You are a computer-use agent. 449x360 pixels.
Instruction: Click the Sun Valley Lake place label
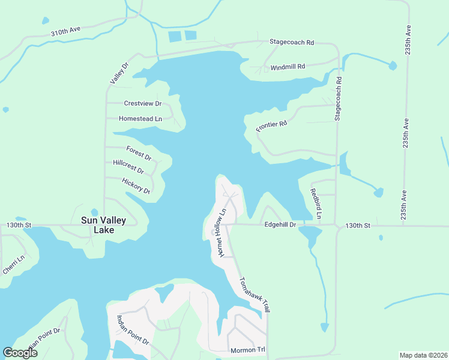[x=103, y=225]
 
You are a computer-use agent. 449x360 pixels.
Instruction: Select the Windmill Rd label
[x=288, y=67]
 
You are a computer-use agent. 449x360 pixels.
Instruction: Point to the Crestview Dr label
[x=143, y=103]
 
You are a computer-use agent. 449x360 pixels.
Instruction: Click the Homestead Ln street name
[x=140, y=119]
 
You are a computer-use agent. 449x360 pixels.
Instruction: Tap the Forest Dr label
[x=139, y=153]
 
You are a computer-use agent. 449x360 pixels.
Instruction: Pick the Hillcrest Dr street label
[x=133, y=167]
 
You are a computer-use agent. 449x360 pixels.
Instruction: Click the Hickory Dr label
[x=136, y=185]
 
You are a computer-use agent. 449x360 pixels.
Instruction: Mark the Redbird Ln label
[x=316, y=203]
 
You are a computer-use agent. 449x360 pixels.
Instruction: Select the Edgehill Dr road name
[x=280, y=225]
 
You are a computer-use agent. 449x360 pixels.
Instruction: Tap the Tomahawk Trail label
[x=252, y=294]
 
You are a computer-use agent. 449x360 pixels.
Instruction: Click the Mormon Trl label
[x=247, y=350]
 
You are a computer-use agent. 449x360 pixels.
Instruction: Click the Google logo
[x=20, y=352]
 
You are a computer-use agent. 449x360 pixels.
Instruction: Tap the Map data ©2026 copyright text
[x=423, y=355]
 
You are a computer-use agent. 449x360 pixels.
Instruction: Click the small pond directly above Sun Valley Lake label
[x=94, y=212]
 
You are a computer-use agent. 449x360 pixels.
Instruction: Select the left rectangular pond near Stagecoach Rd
[x=175, y=36]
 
